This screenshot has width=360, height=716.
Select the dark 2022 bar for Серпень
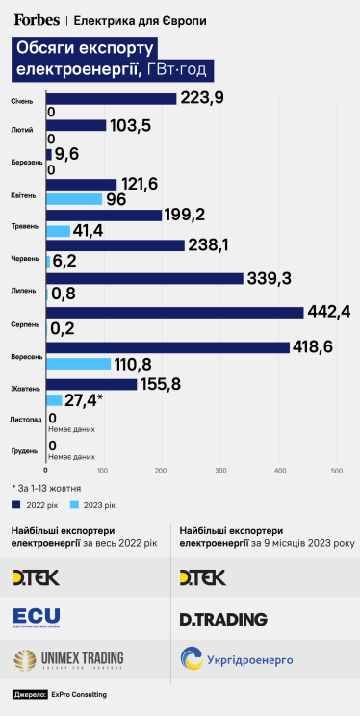click(174, 312)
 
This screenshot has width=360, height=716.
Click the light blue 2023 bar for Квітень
click(73, 199)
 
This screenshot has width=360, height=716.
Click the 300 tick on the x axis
click(221, 470)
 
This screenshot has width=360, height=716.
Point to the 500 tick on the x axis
click(338, 470)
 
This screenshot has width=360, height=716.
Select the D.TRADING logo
click(223, 618)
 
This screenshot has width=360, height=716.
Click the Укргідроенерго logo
click(236, 659)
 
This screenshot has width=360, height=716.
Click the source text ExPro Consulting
click(78, 694)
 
